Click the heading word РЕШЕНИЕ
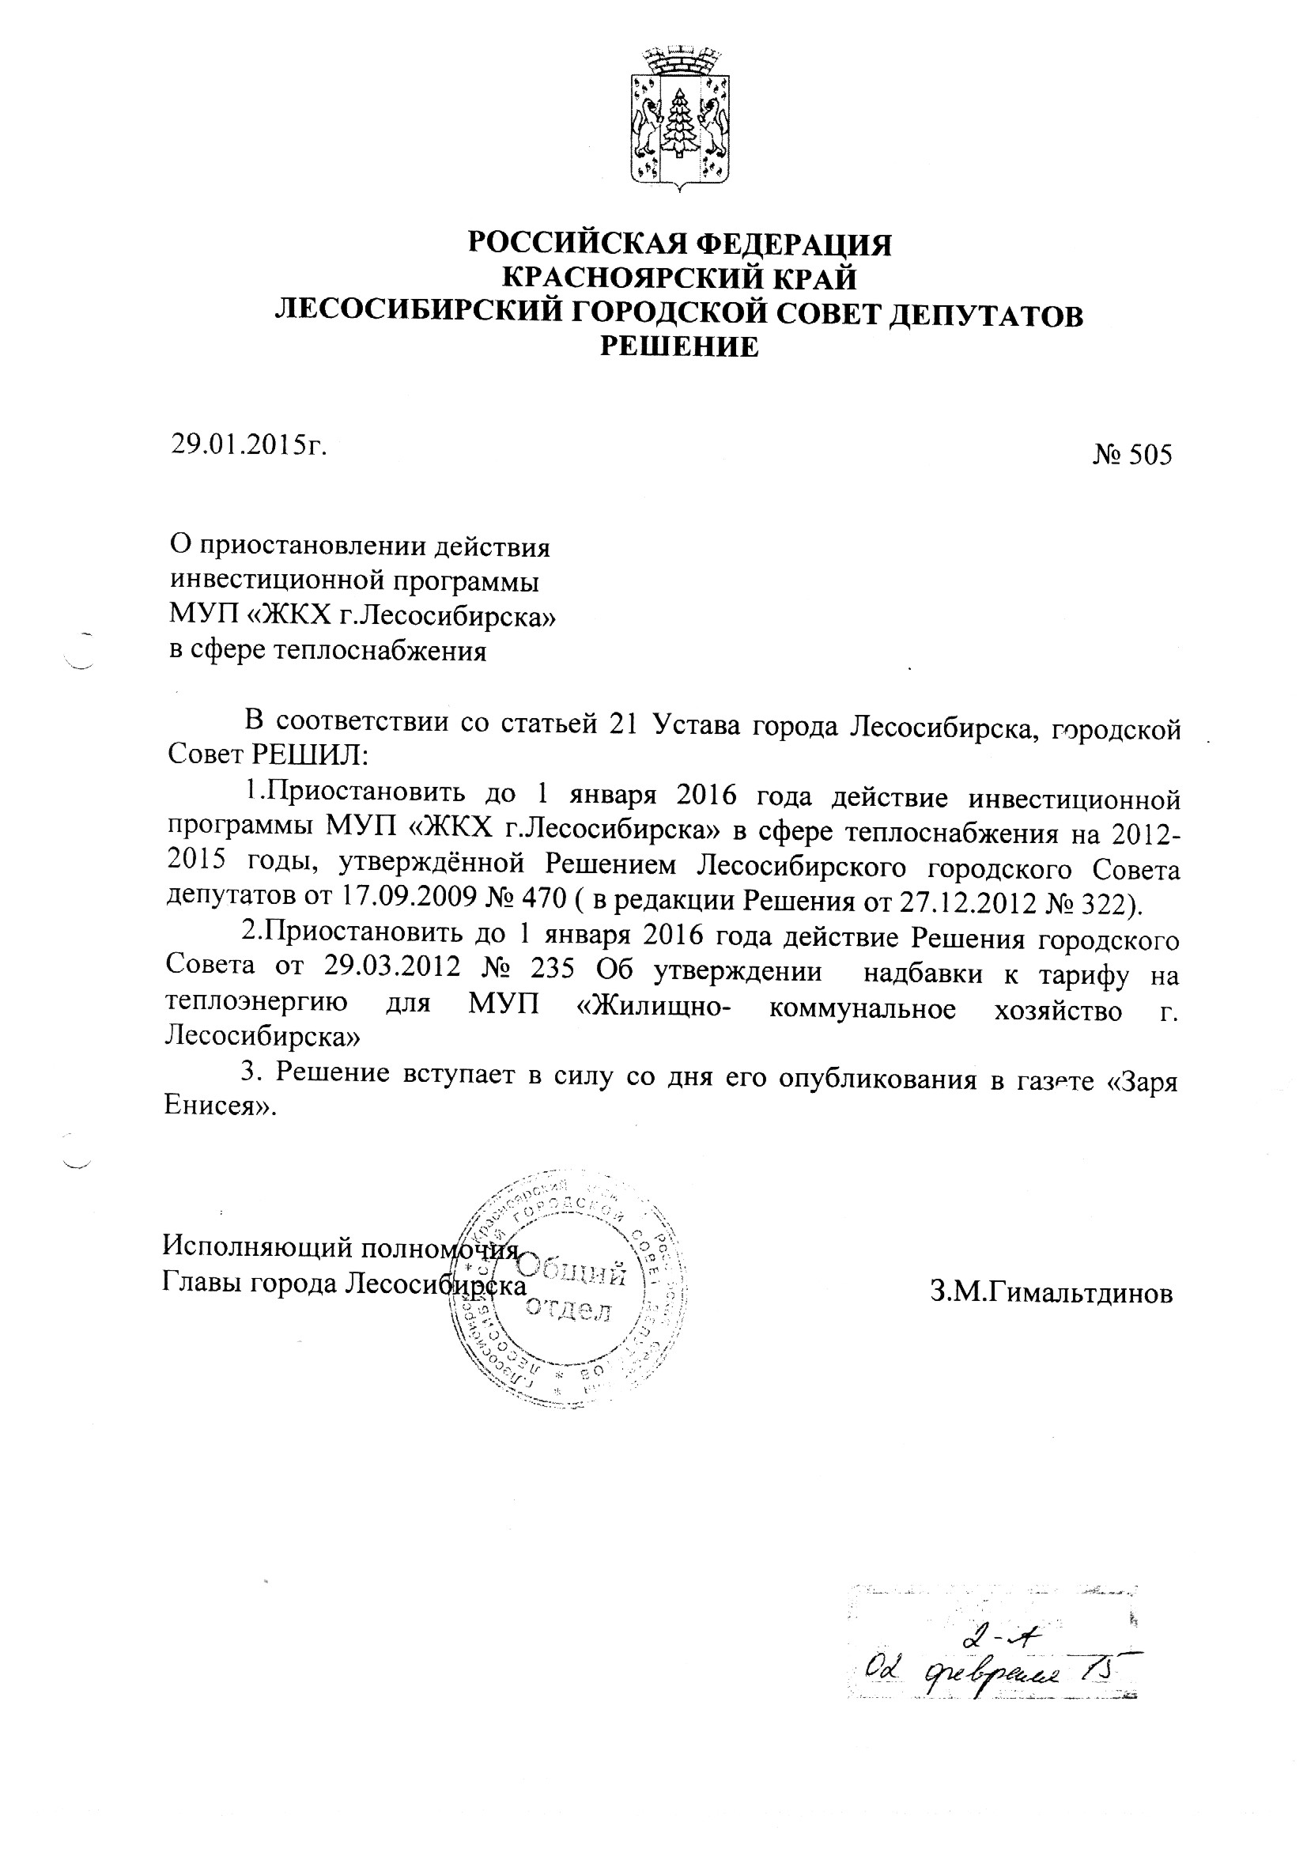click(x=681, y=346)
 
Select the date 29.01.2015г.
click(x=248, y=444)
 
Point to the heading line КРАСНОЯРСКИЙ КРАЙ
click(x=680, y=278)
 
